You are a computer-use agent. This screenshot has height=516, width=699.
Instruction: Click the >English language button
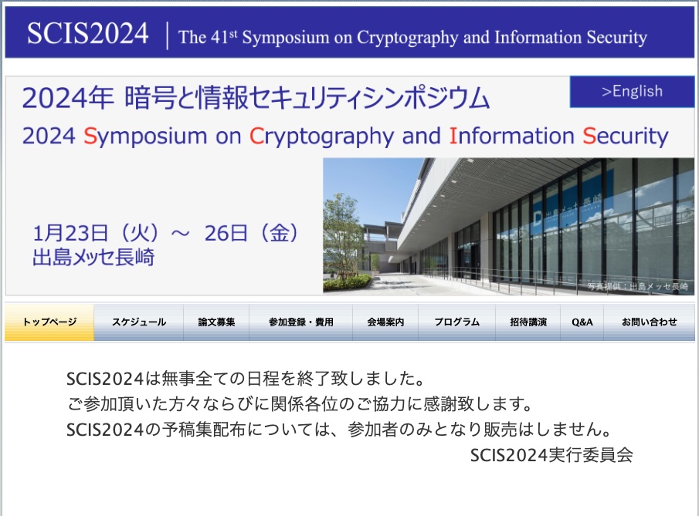coord(632,91)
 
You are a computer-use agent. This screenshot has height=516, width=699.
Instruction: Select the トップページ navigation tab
coord(49,322)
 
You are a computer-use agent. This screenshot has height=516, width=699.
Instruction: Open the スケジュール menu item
coord(138,322)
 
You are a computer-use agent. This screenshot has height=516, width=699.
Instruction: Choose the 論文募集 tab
coord(216,322)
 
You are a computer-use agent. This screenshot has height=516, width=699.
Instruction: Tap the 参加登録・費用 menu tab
coord(301,322)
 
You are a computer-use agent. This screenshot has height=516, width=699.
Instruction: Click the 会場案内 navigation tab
coord(385,322)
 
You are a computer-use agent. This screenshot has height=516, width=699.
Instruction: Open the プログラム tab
coord(457,322)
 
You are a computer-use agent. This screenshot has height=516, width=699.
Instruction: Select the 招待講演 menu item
coord(528,322)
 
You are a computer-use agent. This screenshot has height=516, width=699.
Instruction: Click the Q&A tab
coord(582,322)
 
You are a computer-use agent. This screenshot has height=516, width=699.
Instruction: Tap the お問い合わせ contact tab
coord(649,322)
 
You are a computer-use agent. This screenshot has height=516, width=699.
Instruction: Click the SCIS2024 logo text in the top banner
coord(88,33)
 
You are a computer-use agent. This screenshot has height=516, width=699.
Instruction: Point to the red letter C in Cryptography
coord(256,136)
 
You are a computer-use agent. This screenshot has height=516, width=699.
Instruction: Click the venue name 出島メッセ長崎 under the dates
coord(93,258)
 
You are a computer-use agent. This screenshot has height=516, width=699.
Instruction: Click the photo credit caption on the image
coord(637,286)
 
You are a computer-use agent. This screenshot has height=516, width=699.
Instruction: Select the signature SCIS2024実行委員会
coord(551,455)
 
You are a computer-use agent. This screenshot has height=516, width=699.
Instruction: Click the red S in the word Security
coord(589,136)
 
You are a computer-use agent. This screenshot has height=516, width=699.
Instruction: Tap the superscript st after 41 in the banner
coord(233,34)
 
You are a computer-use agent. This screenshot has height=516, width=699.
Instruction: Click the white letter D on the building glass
coord(538,217)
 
